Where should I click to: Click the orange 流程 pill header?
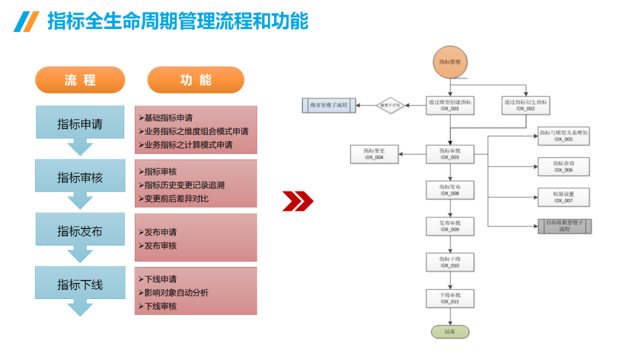click(x=80, y=80)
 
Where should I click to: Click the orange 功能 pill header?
click(x=195, y=80)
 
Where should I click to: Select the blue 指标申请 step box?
click(x=80, y=124)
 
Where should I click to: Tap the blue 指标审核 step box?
click(x=80, y=177)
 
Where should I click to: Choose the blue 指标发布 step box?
click(x=80, y=231)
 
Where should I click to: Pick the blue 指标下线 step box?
click(x=80, y=284)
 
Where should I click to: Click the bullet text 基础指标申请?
click(x=168, y=117)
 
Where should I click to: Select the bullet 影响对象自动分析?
click(x=176, y=292)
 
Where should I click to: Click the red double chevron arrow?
click(x=297, y=201)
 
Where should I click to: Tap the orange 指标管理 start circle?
click(x=450, y=62)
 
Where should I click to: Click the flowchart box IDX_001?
click(x=450, y=105)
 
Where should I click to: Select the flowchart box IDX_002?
click(x=525, y=105)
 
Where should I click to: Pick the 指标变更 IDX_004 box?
click(x=374, y=154)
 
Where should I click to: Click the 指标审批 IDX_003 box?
click(x=450, y=154)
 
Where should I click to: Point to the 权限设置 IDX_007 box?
click(x=563, y=197)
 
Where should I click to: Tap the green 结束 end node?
click(x=450, y=332)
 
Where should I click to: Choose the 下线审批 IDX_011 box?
click(x=450, y=298)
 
